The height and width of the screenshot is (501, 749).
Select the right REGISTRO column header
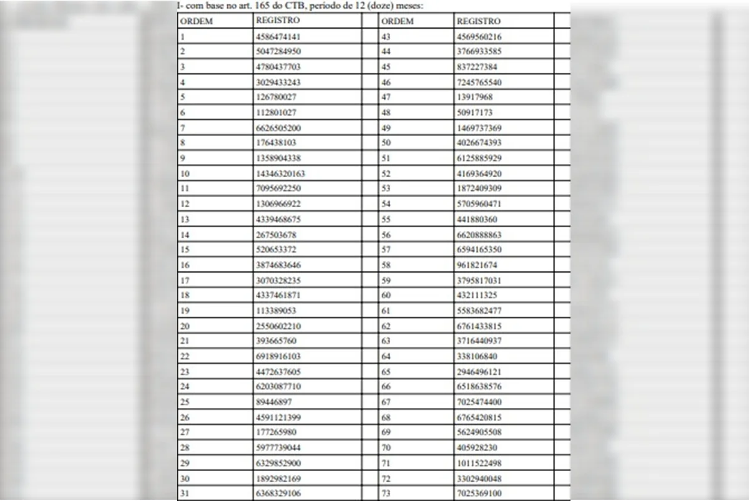click(479, 21)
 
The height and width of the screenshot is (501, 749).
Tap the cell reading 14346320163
click(280, 173)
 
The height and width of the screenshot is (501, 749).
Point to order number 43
click(386, 36)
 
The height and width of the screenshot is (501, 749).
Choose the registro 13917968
click(474, 97)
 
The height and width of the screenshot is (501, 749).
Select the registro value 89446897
click(273, 402)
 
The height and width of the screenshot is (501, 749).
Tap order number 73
click(386, 494)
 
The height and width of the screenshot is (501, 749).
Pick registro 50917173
click(474, 112)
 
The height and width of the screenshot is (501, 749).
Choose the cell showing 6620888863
click(479, 235)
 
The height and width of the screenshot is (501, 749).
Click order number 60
click(386, 295)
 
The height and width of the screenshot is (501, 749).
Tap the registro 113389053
click(275, 311)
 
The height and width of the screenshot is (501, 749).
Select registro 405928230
click(477, 447)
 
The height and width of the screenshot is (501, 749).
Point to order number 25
click(185, 402)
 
